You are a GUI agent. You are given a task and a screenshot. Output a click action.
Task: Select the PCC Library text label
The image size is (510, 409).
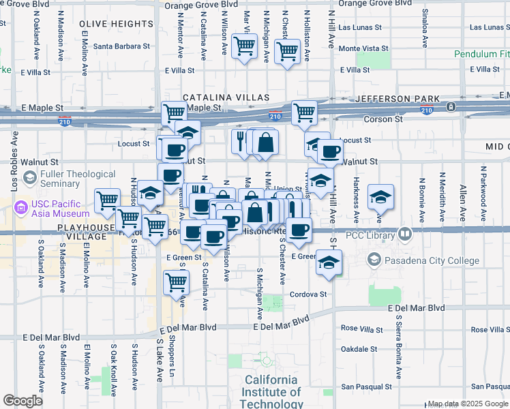tap(376, 236)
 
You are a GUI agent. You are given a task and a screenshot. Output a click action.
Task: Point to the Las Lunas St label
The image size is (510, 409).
tap(363, 28)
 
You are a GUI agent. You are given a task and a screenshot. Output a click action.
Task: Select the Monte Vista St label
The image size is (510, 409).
tap(363, 49)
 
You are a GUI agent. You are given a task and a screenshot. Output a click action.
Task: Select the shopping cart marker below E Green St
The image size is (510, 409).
tap(176, 281)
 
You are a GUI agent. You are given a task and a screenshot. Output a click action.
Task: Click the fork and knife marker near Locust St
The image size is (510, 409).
tap(240, 141)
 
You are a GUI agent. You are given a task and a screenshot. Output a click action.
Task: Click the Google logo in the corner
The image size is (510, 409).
tap(23, 401)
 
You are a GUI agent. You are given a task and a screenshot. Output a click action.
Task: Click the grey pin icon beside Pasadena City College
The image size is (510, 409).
tap(374, 259)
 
